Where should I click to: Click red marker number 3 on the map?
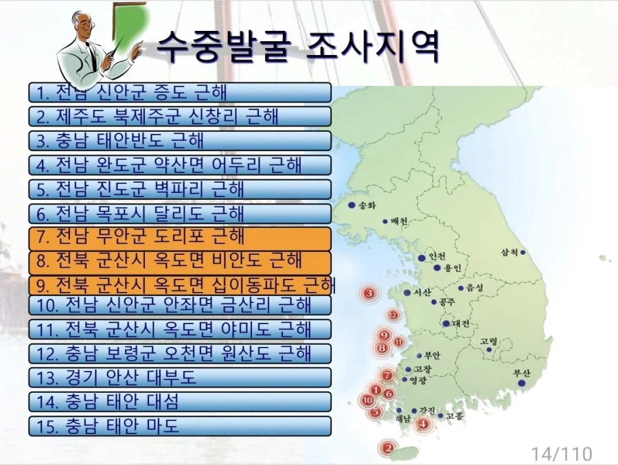tap(370, 294)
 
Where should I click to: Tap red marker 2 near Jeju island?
tap(388, 449)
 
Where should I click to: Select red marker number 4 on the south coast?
tap(424, 424)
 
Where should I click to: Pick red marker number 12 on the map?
tap(393, 315)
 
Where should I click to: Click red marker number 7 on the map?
tap(387, 376)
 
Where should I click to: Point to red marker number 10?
tap(368, 400)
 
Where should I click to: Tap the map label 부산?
tap(523, 373)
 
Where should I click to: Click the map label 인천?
tap(437, 256)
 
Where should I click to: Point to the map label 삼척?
tap(511, 252)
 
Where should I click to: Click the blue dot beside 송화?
tap(352, 205)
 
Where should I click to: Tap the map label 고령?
tap(488, 341)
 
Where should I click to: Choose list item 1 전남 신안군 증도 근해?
tap(180, 92)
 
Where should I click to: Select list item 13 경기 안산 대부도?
tap(180, 377)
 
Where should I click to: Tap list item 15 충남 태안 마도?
tap(180, 426)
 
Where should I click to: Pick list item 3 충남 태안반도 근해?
tap(180, 140)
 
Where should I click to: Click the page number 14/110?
tap(561, 453)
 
